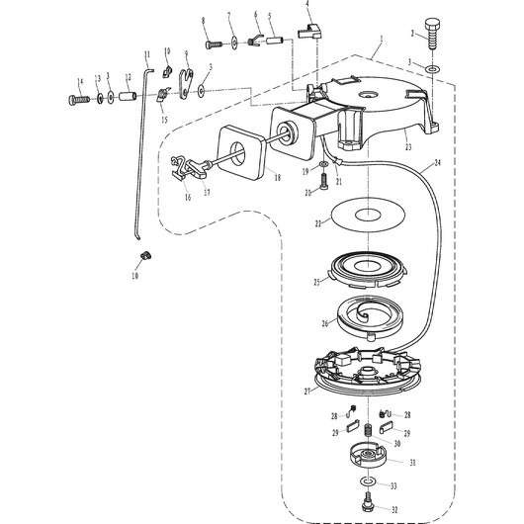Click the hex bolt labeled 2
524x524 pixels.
[x=432, y=35]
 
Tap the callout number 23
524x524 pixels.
[x=408, y=146]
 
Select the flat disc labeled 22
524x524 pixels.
[x=368, y=215]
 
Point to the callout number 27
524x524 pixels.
[x=307, y=391]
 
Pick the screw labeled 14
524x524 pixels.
[x=79, y=99]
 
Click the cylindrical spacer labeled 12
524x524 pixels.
[x=128, y=96]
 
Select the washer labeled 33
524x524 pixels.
[x=368, y=481]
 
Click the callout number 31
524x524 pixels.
[x=412, y=463]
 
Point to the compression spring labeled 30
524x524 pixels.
[x=368, y=430]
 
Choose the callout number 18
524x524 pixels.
[x=278, y=177]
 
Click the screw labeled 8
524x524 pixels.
[x=214, y=44]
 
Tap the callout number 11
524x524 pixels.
[x=147, y=54]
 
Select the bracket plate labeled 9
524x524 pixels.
[x=186, y=84]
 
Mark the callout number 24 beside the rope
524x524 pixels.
[x=437, y=162]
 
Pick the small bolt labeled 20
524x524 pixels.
[x=324, y=182]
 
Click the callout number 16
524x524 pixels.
[x=188, y=198]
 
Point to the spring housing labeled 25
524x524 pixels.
[x=368, y=269]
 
